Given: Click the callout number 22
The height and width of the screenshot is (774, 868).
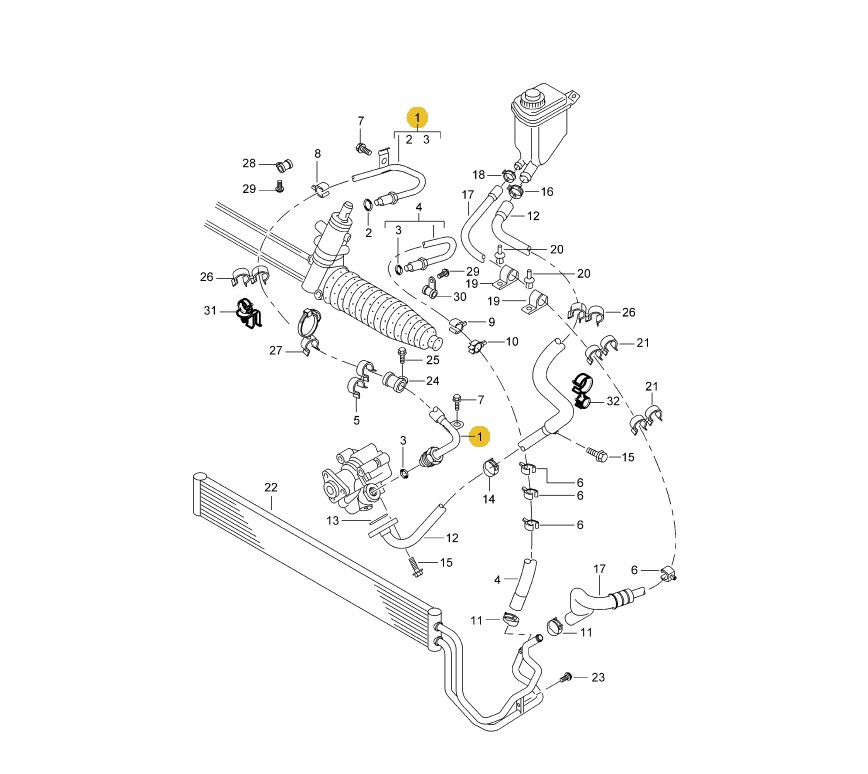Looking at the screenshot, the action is click(x=271, y=487).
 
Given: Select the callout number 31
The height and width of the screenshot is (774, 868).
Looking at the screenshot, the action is click(x=210, y=311).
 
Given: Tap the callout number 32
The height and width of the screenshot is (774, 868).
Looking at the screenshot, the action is click(x=613, y=401).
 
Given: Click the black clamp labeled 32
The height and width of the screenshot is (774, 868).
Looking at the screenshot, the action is click(x=583, y=389).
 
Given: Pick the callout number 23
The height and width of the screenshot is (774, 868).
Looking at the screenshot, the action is click(x=598, y=677).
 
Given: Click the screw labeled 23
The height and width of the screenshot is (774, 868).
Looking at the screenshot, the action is click(x=566, y=677).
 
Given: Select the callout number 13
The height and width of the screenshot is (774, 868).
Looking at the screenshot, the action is click(x=332, y=520).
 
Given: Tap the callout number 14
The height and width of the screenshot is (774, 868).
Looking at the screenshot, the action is click(x=488, y=499).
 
